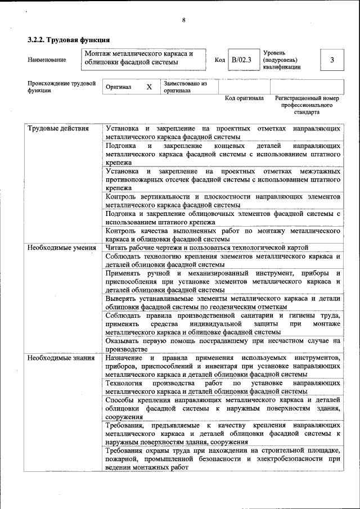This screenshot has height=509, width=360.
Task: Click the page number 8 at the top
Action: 183,21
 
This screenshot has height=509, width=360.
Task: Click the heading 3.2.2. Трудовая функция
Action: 68,40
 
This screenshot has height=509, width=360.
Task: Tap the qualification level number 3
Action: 332,60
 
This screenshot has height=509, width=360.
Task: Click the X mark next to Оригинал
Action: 149,87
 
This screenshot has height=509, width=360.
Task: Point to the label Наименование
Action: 47,60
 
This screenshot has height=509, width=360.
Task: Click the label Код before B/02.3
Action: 220,60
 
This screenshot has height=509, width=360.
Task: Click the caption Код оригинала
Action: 244,98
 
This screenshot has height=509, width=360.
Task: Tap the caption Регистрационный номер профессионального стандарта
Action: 307,105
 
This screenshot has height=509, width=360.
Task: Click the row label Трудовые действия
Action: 58,129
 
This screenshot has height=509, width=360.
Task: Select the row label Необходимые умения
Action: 61,247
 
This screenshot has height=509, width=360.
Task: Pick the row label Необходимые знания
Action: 61,358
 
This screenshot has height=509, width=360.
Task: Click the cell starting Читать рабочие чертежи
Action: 207,247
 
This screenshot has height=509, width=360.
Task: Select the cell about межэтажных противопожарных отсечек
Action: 223,179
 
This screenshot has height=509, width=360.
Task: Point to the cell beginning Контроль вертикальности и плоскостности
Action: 223,201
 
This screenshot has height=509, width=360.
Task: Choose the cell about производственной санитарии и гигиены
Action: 223,323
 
